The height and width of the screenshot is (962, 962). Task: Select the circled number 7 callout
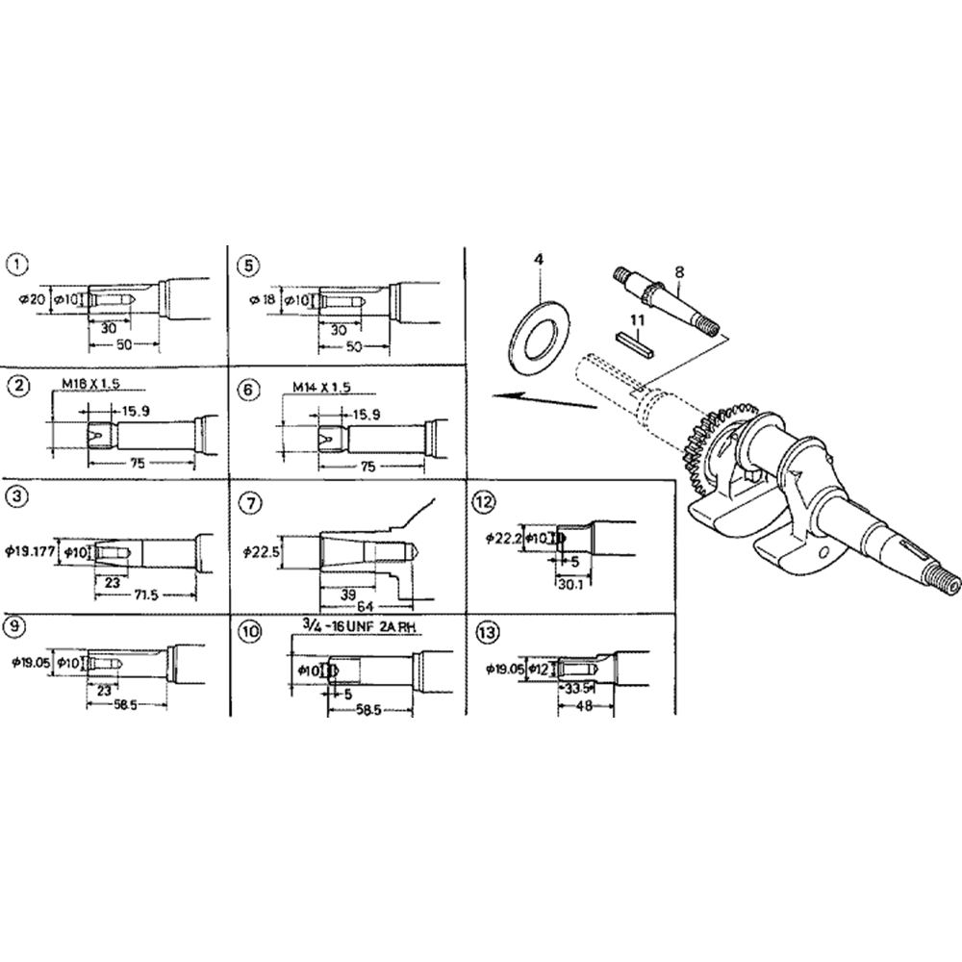click(250, 503)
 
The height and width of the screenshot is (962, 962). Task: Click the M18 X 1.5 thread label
click(92, 385)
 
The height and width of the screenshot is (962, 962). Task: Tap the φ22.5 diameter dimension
click(262, 552)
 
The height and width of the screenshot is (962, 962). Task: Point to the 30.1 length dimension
click(569, 583)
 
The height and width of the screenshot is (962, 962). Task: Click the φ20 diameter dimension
click(31, 300)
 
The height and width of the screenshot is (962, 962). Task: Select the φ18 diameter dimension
click(262, 300)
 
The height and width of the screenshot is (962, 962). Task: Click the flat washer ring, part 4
click(540, 336)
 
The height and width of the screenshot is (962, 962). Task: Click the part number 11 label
click(636, 318)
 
